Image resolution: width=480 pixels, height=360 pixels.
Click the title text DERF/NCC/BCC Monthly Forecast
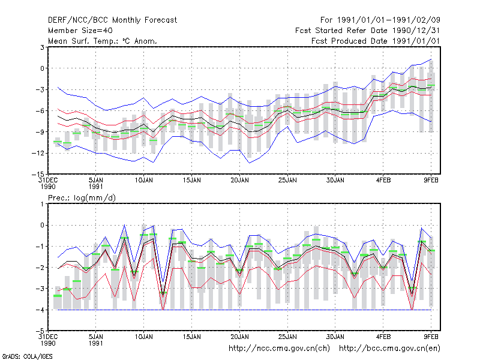[112, 20]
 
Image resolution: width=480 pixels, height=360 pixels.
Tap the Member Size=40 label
[80, 31]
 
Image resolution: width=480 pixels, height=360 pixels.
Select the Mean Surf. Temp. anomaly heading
[102, 41]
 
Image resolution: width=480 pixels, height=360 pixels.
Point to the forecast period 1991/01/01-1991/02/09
[380, 20]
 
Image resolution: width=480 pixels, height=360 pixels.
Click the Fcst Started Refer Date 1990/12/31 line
[367, 31]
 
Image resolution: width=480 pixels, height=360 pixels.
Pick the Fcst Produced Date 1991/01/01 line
[376, 41]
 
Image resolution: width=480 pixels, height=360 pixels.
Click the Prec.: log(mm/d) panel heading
[82, 198]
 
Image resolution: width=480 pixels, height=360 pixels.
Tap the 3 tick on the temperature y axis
[42, 47]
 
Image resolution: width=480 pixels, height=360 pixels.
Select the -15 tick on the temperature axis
[38, 174]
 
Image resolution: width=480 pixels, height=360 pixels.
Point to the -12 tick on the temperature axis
[38, 153]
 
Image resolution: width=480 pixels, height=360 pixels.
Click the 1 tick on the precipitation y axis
[42, 204]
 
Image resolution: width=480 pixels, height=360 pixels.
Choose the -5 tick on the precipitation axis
[40, 331]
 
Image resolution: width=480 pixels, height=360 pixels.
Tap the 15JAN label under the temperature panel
[192, 181]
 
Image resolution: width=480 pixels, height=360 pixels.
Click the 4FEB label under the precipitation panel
[383, 337]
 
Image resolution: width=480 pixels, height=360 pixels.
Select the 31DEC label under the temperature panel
[48, 181]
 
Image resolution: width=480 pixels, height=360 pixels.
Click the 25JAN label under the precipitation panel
[287, 337]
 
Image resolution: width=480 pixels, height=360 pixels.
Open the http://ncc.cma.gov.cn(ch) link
[279, 349]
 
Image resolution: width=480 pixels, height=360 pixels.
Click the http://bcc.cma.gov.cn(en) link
[389, 349]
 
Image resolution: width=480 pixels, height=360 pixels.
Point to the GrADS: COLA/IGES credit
[27, 356]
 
